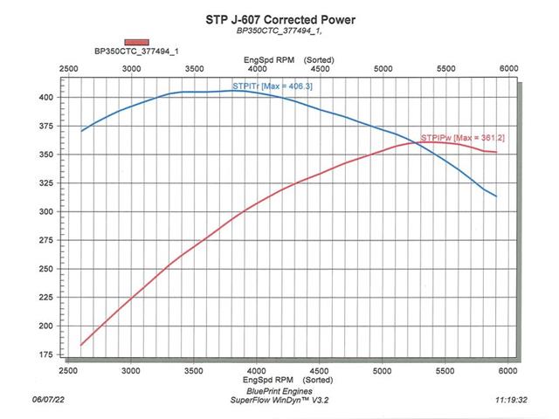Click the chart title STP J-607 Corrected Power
point(280,19)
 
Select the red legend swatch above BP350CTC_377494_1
point(137,43)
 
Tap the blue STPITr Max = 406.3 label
point(273,86)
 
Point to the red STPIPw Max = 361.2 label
point(463,138)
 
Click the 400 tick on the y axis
point(45,97)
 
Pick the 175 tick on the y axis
point(45,354)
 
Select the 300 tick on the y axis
point(45,211)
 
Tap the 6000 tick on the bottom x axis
point(507,371)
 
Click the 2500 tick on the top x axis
point(68,68)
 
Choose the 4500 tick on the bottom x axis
point(320,371)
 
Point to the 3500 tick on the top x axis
point(194,68)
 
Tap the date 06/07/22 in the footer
point(49,400)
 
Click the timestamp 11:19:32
point(511,400)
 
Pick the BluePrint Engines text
point(279,391)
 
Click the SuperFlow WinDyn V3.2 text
point(279,400)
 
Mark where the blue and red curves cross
point(417,143)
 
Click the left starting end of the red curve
point(81,345)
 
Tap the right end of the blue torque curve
point(496,196)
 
